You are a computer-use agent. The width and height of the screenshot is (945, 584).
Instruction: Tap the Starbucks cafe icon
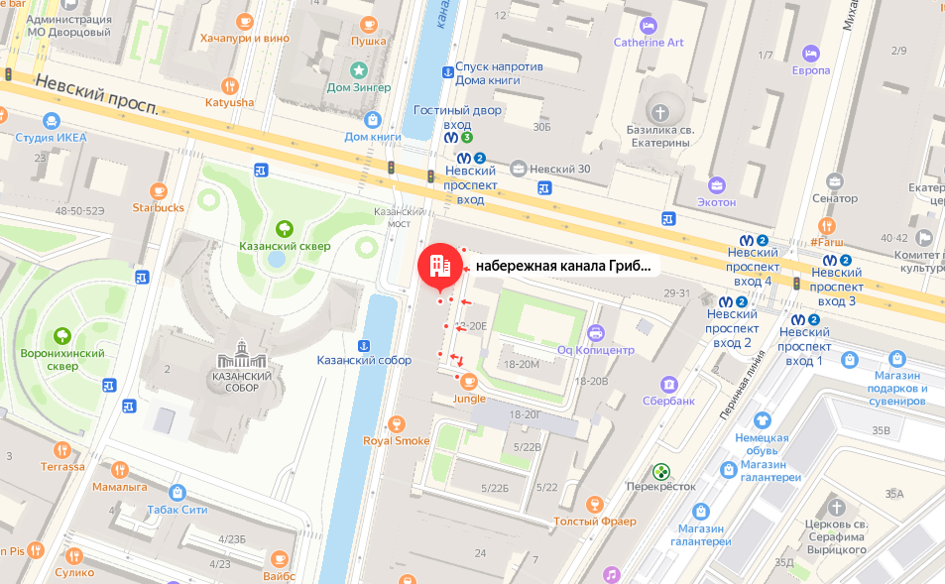(158, 189)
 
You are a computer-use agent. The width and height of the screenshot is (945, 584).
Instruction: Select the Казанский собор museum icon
(242, 350)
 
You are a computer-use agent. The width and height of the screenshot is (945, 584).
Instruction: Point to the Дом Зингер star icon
(358, 69)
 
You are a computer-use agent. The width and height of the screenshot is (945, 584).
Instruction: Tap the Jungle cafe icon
(469, 381)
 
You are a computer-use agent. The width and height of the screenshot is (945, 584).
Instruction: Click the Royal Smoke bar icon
(397, 423)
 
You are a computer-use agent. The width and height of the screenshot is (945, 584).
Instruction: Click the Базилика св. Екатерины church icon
(658, 110)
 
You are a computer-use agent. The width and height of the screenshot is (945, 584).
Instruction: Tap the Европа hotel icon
(810, 53)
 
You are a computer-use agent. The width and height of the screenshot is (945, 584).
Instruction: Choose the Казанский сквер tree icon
(285, 227)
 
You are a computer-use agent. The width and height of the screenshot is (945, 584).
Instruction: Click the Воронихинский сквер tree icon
(63, 336)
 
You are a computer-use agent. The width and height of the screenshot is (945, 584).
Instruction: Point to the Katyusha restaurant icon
(229, 85)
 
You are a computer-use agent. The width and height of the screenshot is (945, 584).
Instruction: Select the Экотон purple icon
(716, 184)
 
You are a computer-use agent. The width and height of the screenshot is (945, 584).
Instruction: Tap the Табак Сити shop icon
(177, 493)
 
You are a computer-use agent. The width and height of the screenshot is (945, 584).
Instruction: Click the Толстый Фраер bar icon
(595, 504)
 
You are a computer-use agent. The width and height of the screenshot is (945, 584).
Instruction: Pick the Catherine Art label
(649, 43)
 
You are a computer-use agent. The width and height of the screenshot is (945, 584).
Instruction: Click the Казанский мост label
(391, 217)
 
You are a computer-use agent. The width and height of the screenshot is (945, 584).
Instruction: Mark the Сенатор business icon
(834, 181)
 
